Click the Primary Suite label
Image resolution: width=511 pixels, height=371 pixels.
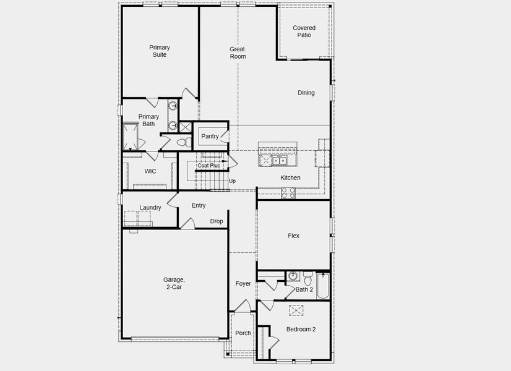[x=159, y=51]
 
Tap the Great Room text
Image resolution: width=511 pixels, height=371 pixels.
[x=238, y=53]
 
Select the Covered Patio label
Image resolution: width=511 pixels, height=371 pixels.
[x=304, y=32]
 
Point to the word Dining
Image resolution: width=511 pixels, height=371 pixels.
[x=306, y=93]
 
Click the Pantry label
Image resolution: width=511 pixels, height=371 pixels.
[x=210, y=136]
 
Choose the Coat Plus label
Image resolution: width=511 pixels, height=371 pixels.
[x=208, y=166]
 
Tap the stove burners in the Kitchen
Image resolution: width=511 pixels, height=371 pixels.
[x=289, y=194]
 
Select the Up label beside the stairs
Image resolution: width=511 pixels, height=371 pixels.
[x=232, y=181]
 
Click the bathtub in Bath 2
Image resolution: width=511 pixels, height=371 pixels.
[x=323, y=286]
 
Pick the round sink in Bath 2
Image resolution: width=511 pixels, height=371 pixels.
[x=293, y=276]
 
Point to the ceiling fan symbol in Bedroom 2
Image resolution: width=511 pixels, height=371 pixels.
[x=296, y=310]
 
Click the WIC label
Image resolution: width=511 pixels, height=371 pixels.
[x=150, y=171]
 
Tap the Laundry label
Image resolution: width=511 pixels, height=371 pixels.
[x=150, y=207]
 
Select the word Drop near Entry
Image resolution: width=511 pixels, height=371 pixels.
[x=217, y=221]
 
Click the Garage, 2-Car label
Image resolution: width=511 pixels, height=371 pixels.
[x=174, y=283]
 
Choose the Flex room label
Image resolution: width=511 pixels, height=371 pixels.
[x=293, y=236]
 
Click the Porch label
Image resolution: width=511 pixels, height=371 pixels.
[x=243, y=333]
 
